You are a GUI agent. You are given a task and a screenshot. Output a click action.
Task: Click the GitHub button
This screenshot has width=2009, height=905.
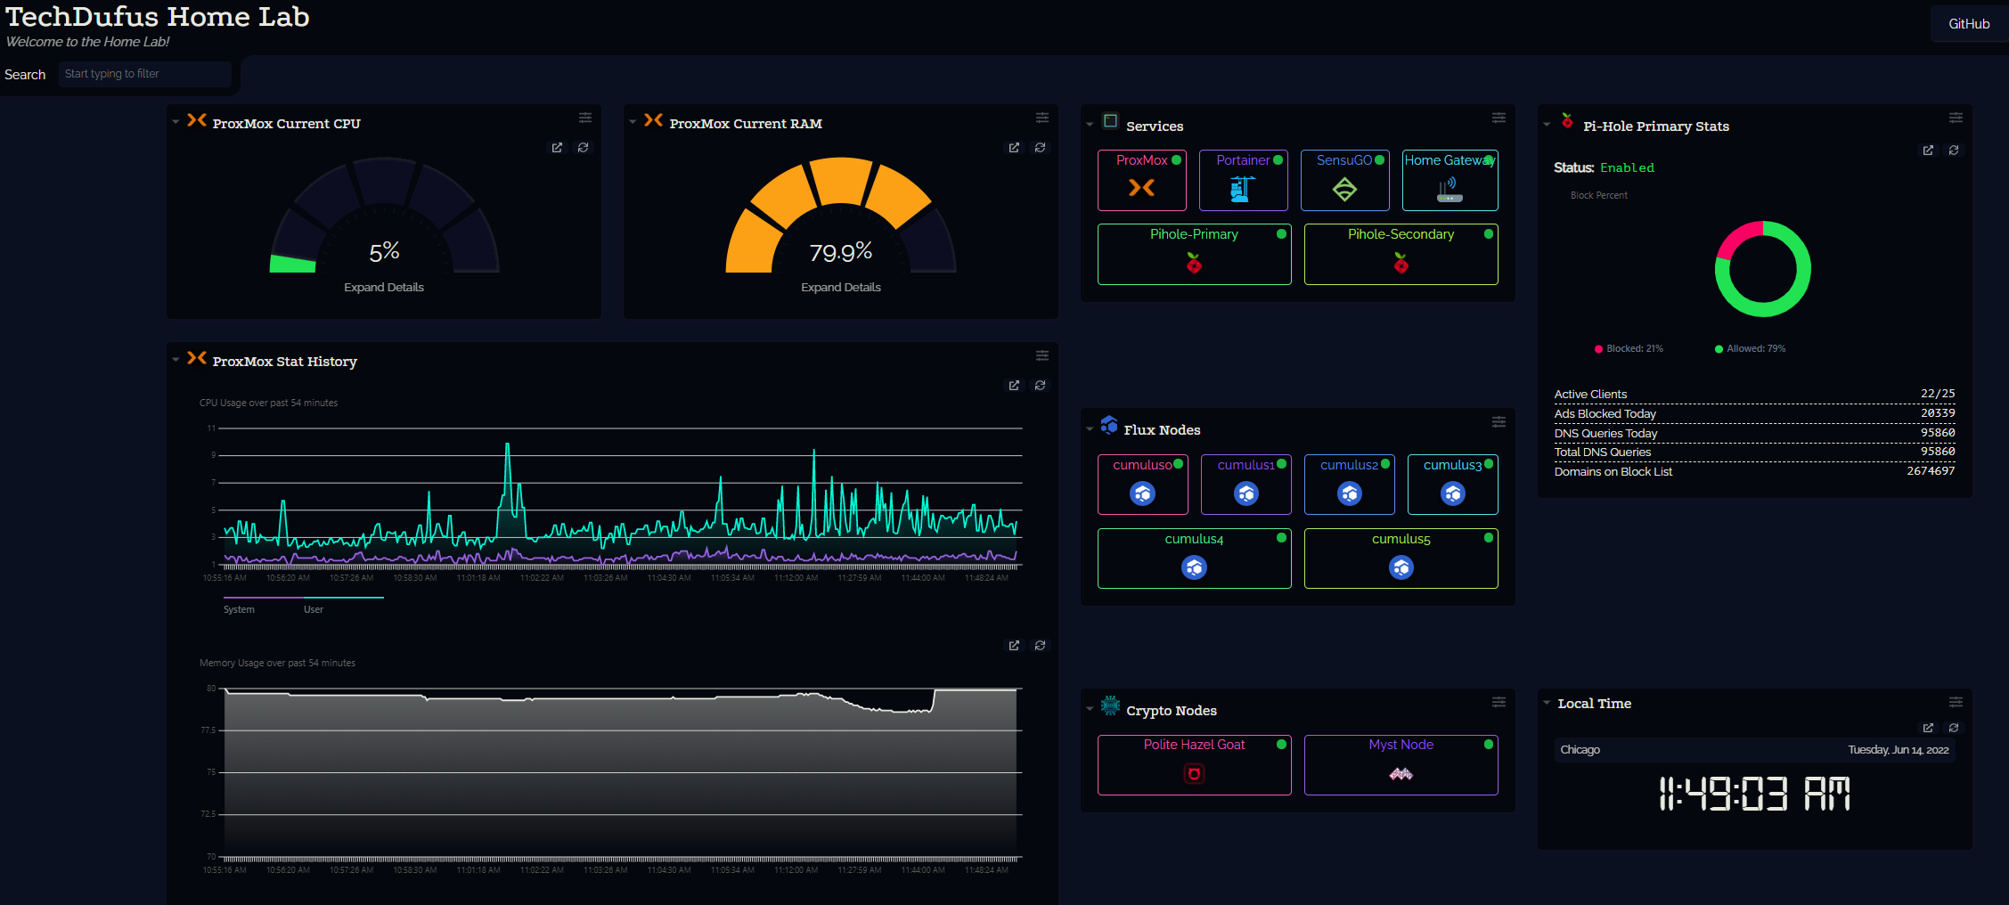click(x=1968, y=24)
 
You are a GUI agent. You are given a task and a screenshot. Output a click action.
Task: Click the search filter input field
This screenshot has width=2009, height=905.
click(x=144, y=74)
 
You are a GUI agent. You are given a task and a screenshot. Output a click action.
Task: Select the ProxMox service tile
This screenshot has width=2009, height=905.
click(x=1141, y=180)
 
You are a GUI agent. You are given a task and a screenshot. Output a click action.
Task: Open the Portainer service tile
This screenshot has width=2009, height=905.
click(x=1243, y=180)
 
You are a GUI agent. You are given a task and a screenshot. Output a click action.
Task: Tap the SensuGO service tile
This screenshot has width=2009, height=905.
click(x=1344, y=180)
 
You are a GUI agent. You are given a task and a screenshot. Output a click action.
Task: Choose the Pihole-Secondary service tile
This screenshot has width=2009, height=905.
click(x=1401, y=254)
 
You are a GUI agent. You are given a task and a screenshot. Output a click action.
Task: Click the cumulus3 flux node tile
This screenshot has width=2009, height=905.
click(x=1452, y=485)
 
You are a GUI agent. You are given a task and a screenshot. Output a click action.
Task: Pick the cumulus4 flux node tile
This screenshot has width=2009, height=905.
click(x=1194, y=558)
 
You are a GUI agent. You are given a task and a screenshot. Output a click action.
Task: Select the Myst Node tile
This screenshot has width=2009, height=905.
click(x=1401, y=764)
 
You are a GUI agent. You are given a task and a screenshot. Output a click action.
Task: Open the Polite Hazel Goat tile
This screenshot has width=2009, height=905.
click(x=1194, y=764)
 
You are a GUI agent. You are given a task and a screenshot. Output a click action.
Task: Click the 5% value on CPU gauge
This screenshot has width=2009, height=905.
click(x=384, y=252)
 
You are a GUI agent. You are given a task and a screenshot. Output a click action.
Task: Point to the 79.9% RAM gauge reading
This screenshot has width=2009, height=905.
click(x=840, y=253)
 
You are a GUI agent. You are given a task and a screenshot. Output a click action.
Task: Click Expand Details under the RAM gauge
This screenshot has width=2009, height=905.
click(x=840, y=287)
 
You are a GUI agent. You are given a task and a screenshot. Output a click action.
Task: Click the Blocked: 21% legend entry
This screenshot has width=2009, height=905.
click(x=1629, y=348)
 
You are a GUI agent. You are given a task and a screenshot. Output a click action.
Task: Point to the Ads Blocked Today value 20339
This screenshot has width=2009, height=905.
click(x=1938, y=413)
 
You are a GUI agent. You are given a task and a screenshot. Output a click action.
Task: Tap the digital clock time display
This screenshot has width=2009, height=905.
click(x=1753, y=794)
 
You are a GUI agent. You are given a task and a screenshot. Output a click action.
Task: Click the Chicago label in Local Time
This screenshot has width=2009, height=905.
click(x=1580, y=750)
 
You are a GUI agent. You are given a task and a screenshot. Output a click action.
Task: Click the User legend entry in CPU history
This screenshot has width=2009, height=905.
click(x=313, y=609)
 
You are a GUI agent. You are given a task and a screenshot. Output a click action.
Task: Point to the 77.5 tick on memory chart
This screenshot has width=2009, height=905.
click(x=208, y=730)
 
